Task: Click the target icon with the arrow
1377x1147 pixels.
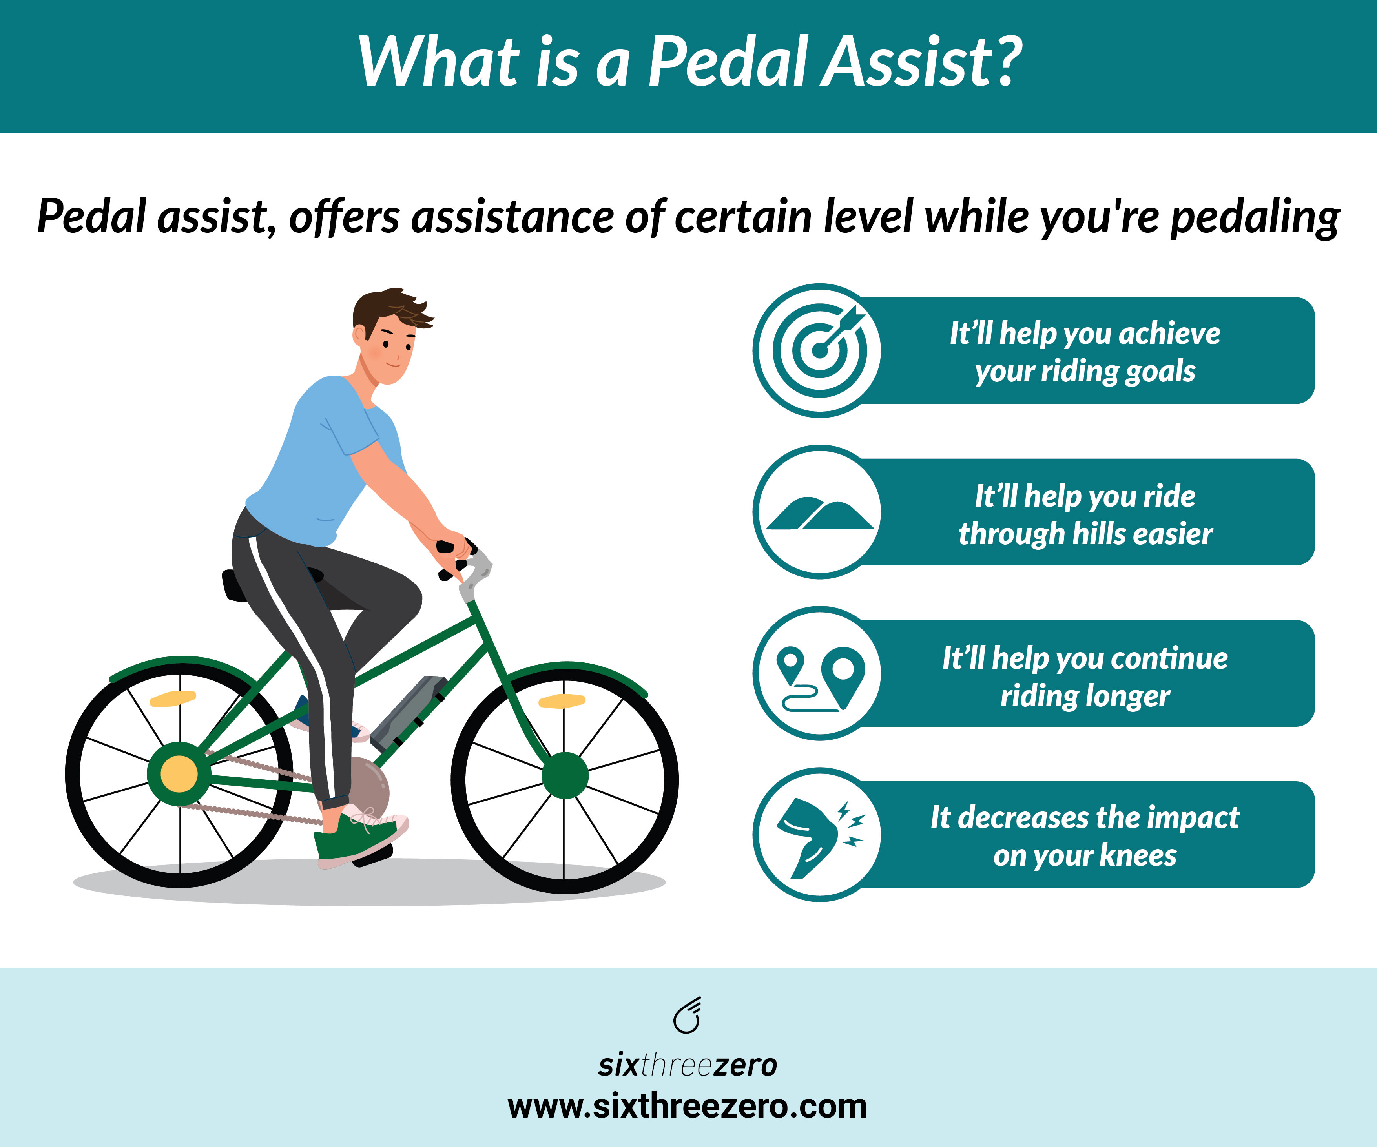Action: click(x=820, y=350)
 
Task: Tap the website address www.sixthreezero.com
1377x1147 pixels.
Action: click(x=687, y=1106)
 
